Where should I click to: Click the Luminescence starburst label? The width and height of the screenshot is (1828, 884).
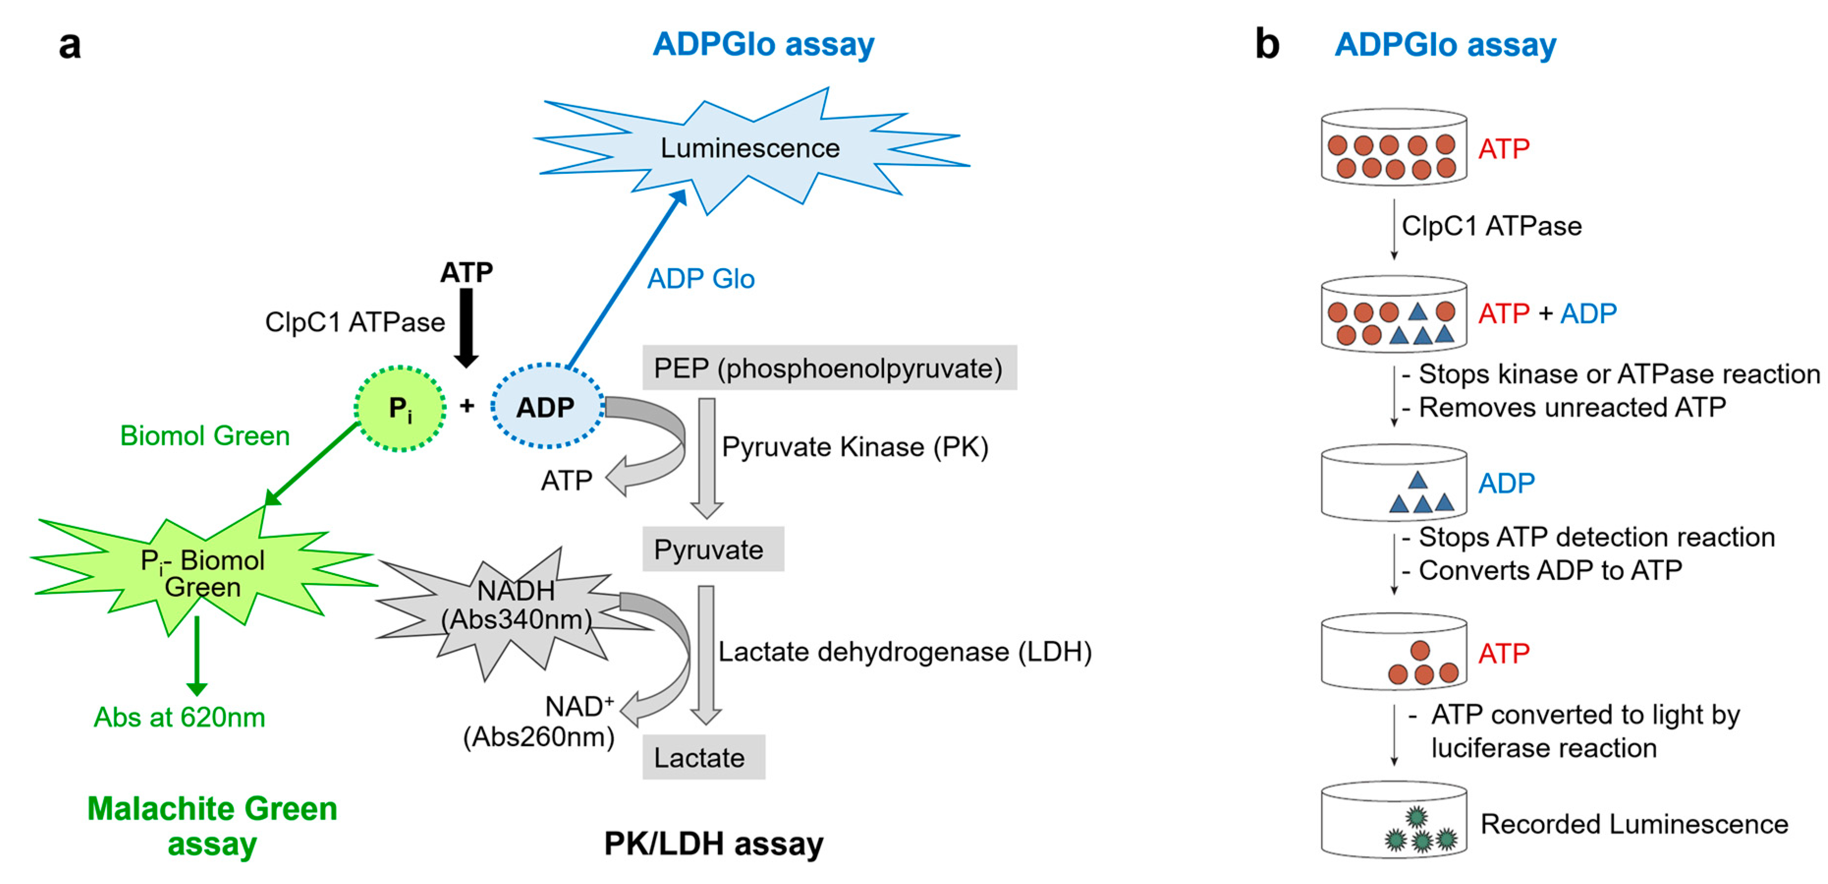(749, 148)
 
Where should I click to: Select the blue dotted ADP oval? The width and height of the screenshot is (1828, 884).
(547, 407)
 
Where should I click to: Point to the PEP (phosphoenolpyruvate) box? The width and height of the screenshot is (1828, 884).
(829, 368)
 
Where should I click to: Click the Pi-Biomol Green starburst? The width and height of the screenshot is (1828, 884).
(202, 573)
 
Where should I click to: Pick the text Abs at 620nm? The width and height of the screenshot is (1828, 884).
(180, 718)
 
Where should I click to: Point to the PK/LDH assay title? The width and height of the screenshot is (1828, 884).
(713, 844)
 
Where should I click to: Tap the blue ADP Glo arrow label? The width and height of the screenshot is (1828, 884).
(700, 279)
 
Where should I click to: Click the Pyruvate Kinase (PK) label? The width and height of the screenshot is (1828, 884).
(855, 447)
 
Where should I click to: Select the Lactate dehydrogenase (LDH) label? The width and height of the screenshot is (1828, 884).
(904, 651)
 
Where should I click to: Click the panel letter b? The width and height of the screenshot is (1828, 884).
(1267, 44)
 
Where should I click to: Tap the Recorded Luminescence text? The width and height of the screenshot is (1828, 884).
(1634, 824)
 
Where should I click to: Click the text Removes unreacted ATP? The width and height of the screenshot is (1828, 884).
(1571, 407)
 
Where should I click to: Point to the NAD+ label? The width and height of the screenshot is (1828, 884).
(579, 706)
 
